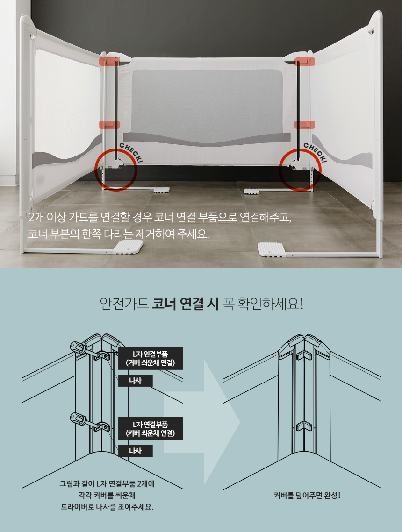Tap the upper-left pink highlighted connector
coord(109,61)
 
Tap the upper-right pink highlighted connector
coord(305,61)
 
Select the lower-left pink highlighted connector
coord(109,125)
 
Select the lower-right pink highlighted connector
coord(305,125)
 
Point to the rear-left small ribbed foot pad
coord(161,190)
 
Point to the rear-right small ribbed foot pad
coord(251,192)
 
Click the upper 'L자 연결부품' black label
coord(151,358)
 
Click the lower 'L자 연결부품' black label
coord(151,428)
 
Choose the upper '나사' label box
coord(136,381)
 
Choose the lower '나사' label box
coord(136,451)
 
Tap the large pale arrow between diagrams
coord(202,422)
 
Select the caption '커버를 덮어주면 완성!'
coord(307,496)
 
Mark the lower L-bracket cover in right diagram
coord(304,426)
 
